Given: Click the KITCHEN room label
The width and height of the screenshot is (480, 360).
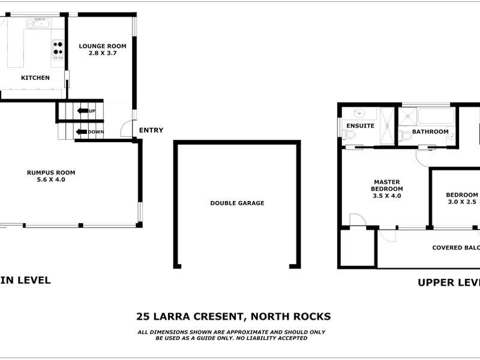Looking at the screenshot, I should (x=35, y=78).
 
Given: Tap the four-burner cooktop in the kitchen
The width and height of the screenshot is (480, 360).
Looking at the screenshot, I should (x=58, y=49).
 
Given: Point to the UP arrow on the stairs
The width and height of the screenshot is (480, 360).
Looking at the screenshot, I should (x=83, y=111).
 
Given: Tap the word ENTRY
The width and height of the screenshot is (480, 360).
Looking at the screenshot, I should (x=151, y=130).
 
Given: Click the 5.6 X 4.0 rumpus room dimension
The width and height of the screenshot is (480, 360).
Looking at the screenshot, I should (x=51, y=179).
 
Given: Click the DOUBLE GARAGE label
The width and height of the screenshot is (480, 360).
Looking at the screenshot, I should (x=237, y=203).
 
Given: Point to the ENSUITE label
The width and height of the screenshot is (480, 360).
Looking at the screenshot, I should (x=360, y=126).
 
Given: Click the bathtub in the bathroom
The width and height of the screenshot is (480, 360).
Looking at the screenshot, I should (x=436, y=115).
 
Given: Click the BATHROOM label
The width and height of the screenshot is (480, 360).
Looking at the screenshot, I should (x=430, y=131).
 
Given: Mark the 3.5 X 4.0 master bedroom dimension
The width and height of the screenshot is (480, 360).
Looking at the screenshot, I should (x=386, y=196).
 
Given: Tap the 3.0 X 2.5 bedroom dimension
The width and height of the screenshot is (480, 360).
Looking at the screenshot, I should (x=463, y=202).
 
